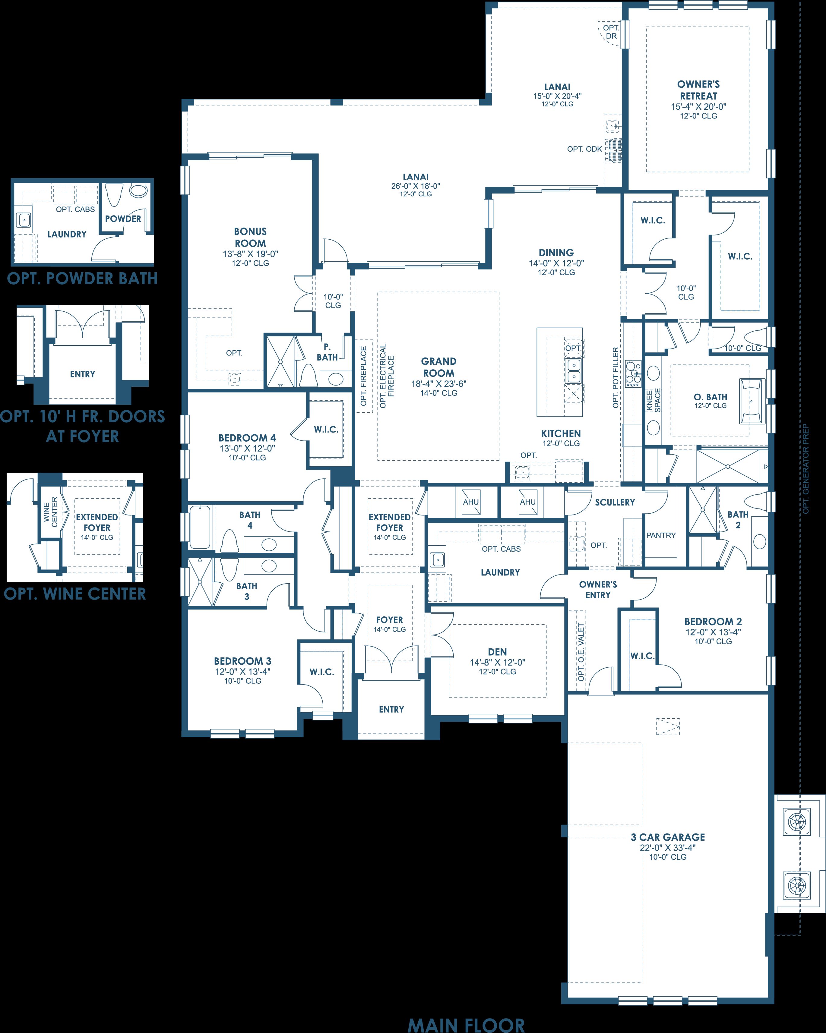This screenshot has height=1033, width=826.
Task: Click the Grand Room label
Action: point(439,367)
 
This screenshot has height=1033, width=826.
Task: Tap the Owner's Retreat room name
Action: point(698,90)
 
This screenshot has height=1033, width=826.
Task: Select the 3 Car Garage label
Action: point(668,837)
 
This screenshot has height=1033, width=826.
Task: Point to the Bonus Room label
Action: point(250,237)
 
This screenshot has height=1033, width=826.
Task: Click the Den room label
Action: point(498,652)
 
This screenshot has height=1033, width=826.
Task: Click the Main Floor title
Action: point(467,1022)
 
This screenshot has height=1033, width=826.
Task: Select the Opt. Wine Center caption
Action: point(75,594)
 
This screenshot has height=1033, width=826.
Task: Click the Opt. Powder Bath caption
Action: point(82,279)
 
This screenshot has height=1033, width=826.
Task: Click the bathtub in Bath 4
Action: point(199,527)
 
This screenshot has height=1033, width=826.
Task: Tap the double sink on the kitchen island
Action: point(573,371)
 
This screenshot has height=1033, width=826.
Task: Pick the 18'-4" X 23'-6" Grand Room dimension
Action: point(439,384)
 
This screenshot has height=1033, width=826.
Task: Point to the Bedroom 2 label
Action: point(713,622)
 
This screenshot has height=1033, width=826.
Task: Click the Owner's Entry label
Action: point(598,589)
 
